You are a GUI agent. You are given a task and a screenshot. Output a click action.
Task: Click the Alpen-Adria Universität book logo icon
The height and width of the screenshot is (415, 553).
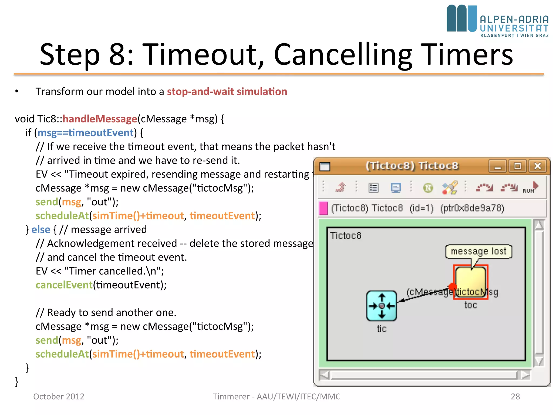pyautogui.click(x=461, y=18)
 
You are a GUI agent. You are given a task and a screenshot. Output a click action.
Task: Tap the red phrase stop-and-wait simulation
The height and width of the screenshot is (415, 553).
pyautogui.click(x=227, y=92)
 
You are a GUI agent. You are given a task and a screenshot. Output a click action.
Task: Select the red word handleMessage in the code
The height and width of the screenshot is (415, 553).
pyautogui.click(x=100, y=119)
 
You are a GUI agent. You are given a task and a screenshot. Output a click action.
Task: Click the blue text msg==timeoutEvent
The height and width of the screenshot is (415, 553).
pyautogui.click(x=85, y=133)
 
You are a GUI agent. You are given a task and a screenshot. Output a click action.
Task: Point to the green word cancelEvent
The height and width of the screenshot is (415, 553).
pyautogui.click(x=64, y=285)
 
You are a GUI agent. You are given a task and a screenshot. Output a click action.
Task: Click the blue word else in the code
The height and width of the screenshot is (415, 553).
pyautogui.click(x=41, y=230)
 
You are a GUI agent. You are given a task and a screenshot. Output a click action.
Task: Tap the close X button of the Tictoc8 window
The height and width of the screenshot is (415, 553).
pyautogui.click(x=538, y=166)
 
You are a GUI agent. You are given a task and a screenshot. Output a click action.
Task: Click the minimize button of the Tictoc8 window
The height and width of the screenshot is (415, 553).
pyautogui.click(x=498, y=166)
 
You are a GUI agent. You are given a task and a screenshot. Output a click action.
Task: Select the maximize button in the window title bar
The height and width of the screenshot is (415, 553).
pyautogui.click(x=517, y=166)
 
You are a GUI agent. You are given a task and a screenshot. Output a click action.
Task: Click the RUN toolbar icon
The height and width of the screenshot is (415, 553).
pyautogui.click(x=531, y=188)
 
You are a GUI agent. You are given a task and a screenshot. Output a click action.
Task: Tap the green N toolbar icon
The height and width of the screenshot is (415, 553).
pyautogui.click(x=428, y=188)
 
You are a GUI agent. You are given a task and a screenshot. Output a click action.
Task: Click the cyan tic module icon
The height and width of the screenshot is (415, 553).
pyautogui.click(x=382, y=306)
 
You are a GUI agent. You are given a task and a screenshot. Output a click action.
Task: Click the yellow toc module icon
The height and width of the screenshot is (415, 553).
pyautogui.click(x=471, y=282)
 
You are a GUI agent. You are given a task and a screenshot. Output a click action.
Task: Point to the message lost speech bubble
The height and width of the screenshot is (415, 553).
pyautogui.click(x=478, y=252)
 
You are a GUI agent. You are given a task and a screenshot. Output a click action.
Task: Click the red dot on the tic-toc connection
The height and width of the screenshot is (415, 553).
pyautogui.click(x=453, y=287)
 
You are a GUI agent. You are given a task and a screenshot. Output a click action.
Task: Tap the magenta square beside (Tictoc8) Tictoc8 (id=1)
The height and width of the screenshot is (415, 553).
pyautogui.click(x=323, y=208)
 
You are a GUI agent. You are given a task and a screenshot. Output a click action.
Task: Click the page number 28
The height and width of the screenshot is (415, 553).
pyautogui.click(x=515, y=396)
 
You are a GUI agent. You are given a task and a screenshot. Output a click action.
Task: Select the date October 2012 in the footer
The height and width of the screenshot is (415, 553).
pyautogui.click(x=59, y=396)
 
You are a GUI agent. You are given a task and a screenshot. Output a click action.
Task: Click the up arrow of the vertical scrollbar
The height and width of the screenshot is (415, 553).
pyautogui.click(x=539, y=225)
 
